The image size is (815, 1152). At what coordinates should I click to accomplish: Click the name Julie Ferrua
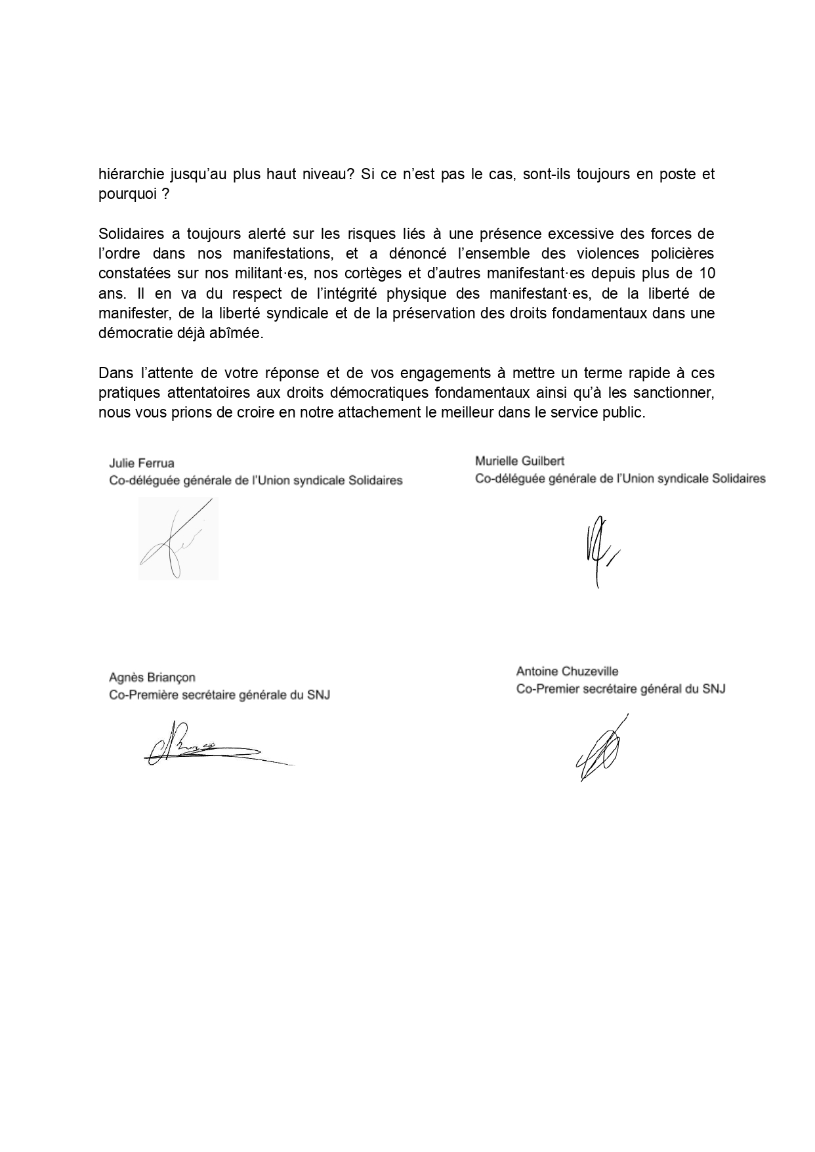tap(141, 463)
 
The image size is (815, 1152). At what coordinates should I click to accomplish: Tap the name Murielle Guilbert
tap(520, 461)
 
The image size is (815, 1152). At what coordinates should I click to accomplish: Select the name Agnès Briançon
tap(152, 677)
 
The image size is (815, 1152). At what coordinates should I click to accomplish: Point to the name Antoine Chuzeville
tap(567, 672)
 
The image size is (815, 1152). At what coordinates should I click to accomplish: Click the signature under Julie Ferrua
tap(177, 538)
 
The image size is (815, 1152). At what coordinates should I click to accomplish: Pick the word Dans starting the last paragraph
tap(115, 373)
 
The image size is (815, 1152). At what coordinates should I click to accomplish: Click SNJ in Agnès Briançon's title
tap(318, 695)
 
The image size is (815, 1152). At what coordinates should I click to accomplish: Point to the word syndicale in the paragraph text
tap(297, 314)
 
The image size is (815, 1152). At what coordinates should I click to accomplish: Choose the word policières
tap(682, 254)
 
